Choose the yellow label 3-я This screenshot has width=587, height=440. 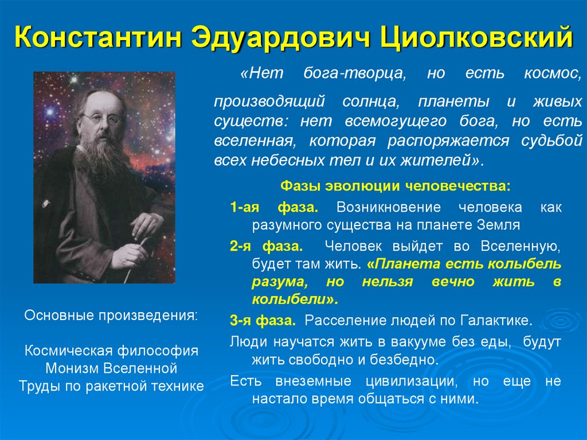click(x=241, y=320)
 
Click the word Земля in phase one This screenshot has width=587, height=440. click(x=496, y=225)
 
